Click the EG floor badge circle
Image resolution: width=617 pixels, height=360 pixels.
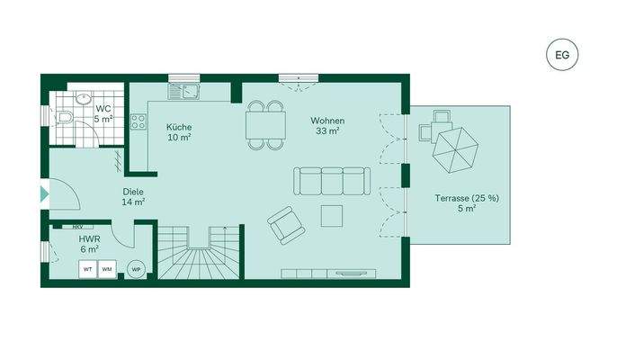pyautogui.click(x=563, y=55)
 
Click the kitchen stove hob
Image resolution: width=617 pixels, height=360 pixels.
pyautogui.click(x=139, y=121)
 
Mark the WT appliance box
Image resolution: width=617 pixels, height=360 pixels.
pyautogui.click(x=88, y=269)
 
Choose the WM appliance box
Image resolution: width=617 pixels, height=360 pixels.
pyautogui.click(x=107, y=269)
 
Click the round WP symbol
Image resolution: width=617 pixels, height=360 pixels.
pyautogui.click(x=136, y=269)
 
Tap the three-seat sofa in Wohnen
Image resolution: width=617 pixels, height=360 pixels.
pyautogui.click(x=331, y=182)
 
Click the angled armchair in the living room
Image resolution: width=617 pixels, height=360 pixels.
pyautogui.click(x=285, y=224)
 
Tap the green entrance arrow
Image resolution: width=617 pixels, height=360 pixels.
pyautogui.click(x=44, y=193)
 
